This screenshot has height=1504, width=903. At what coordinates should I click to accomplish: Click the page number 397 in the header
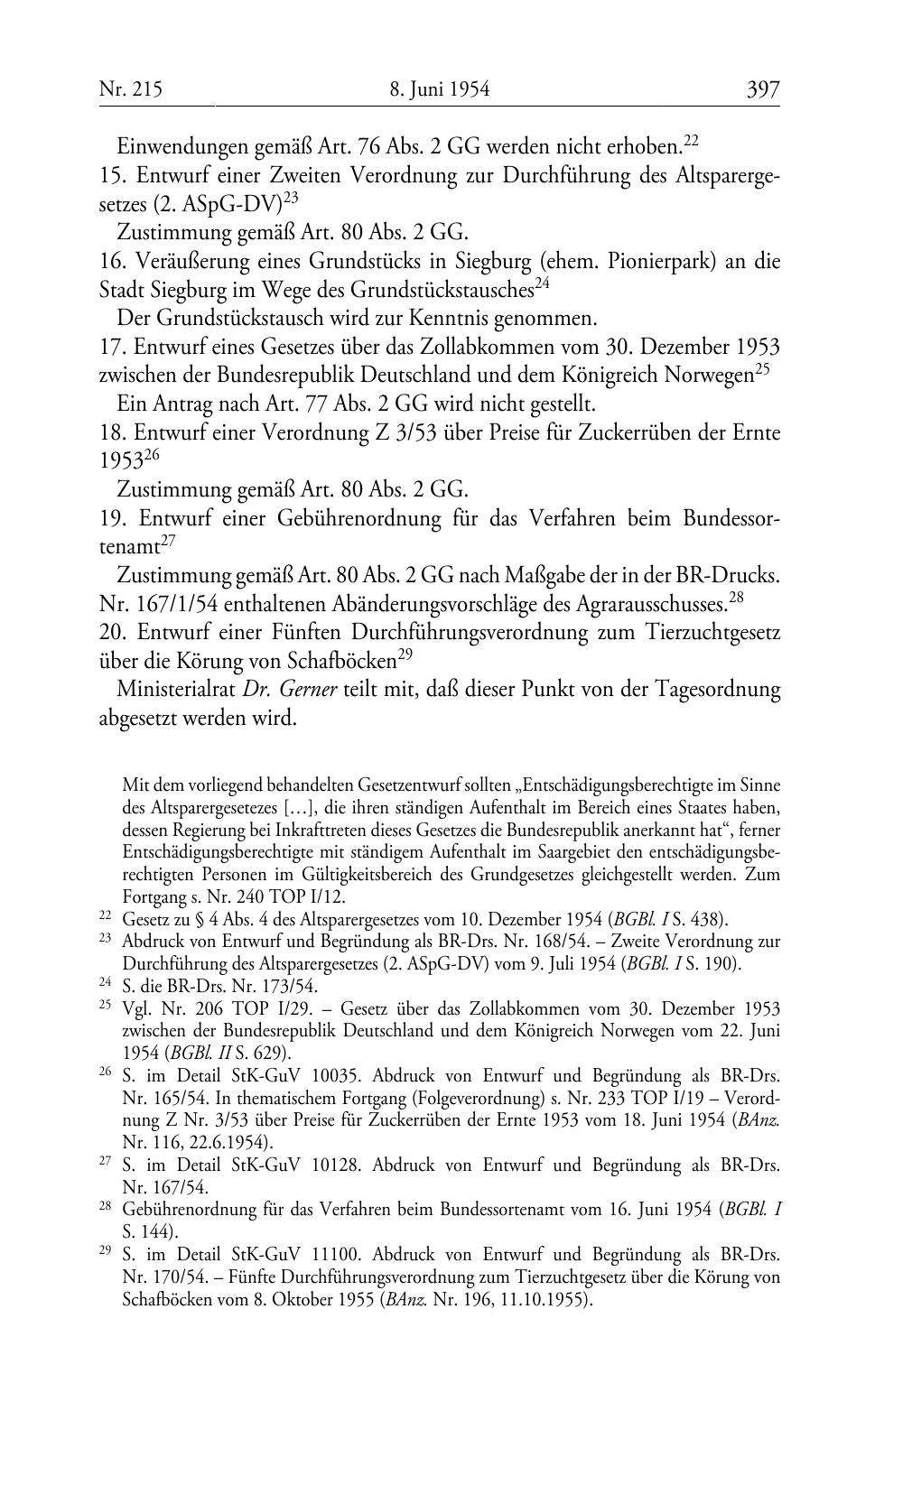pyautogui.click(x=762, y=89)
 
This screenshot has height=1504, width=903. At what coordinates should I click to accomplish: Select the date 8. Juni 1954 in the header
pyautogui.click(x=440, y=89)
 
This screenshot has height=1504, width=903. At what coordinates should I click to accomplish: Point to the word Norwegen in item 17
pyautogui.click(x=704, y=375)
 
